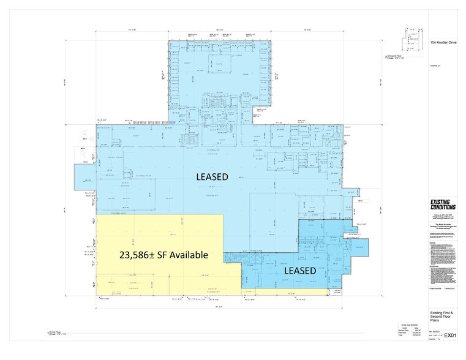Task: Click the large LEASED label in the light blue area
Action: [x=212, y=177]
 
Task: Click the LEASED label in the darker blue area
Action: [x=299, y=270]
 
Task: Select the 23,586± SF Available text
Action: [x=163, y=254]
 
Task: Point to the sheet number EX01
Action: [x=451, y=335]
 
